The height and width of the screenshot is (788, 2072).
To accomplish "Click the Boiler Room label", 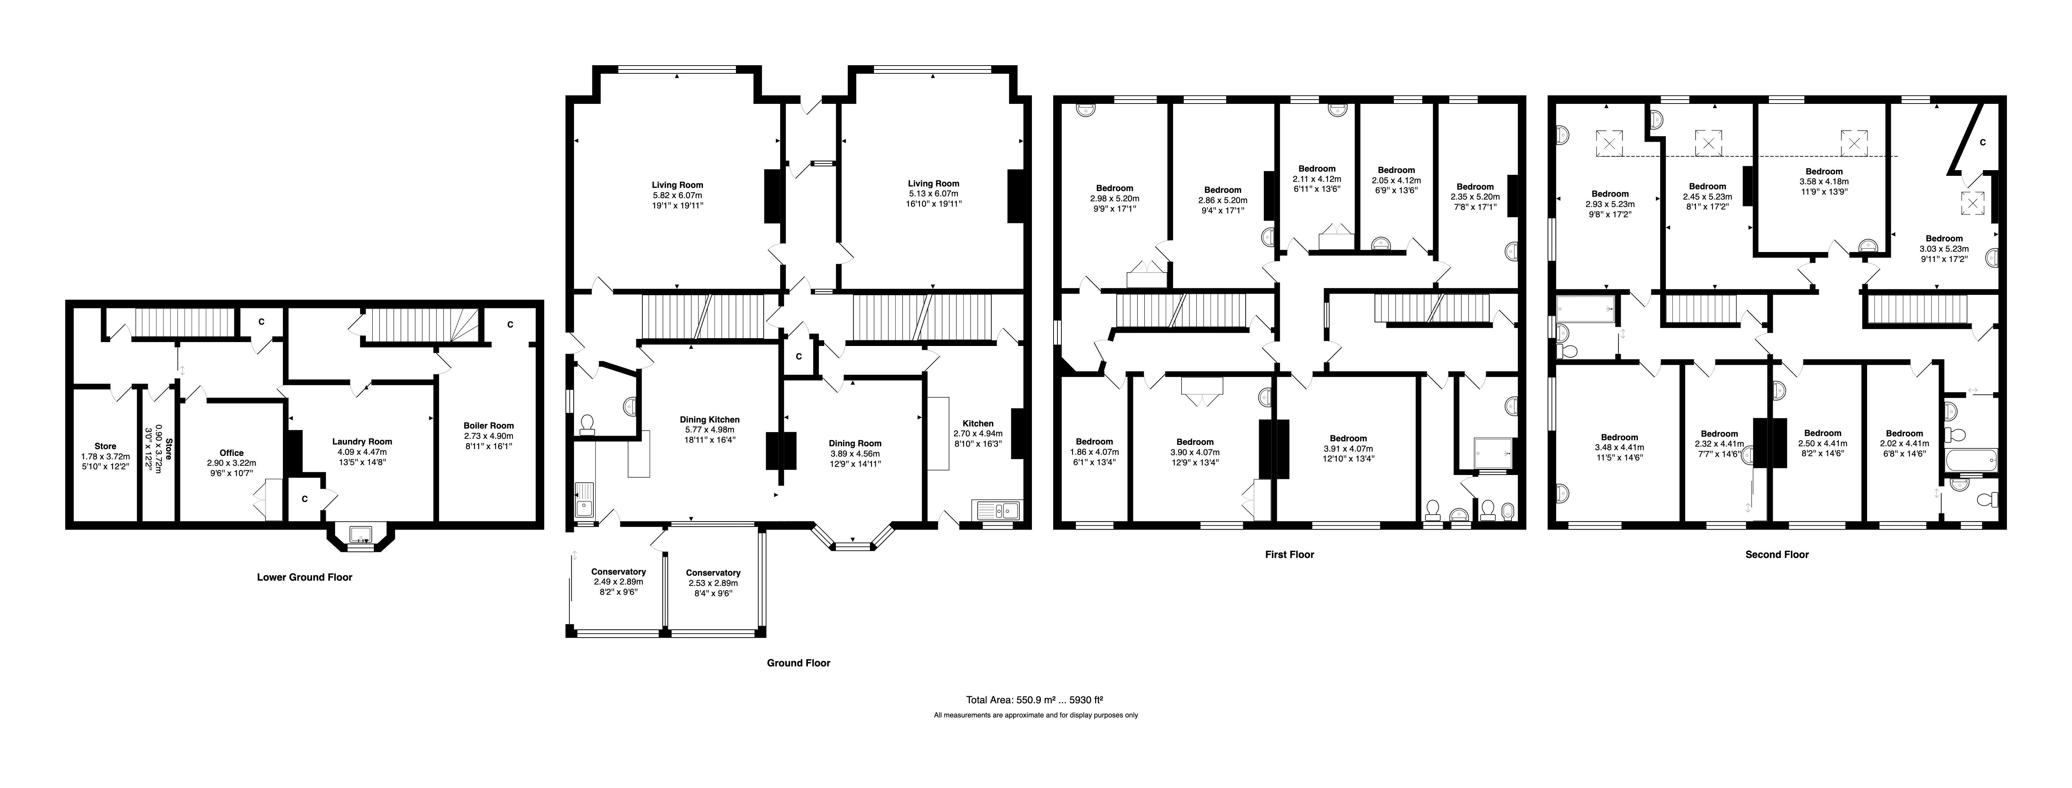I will (x=488, y=425).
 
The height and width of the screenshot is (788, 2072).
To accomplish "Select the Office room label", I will (x=231, y=453).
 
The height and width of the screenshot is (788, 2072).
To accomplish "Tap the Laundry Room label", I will (x=362, y=441).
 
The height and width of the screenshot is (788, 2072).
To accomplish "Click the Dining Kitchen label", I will (x=709, y=420).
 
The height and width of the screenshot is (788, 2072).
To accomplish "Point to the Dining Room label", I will (x=855, y=443).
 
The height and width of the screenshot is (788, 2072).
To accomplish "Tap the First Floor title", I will (x=1289, y=554).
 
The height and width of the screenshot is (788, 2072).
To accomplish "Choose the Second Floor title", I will (x=1777, y=554).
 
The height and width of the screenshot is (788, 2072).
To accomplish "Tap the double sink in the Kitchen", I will (x=996, y=509).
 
